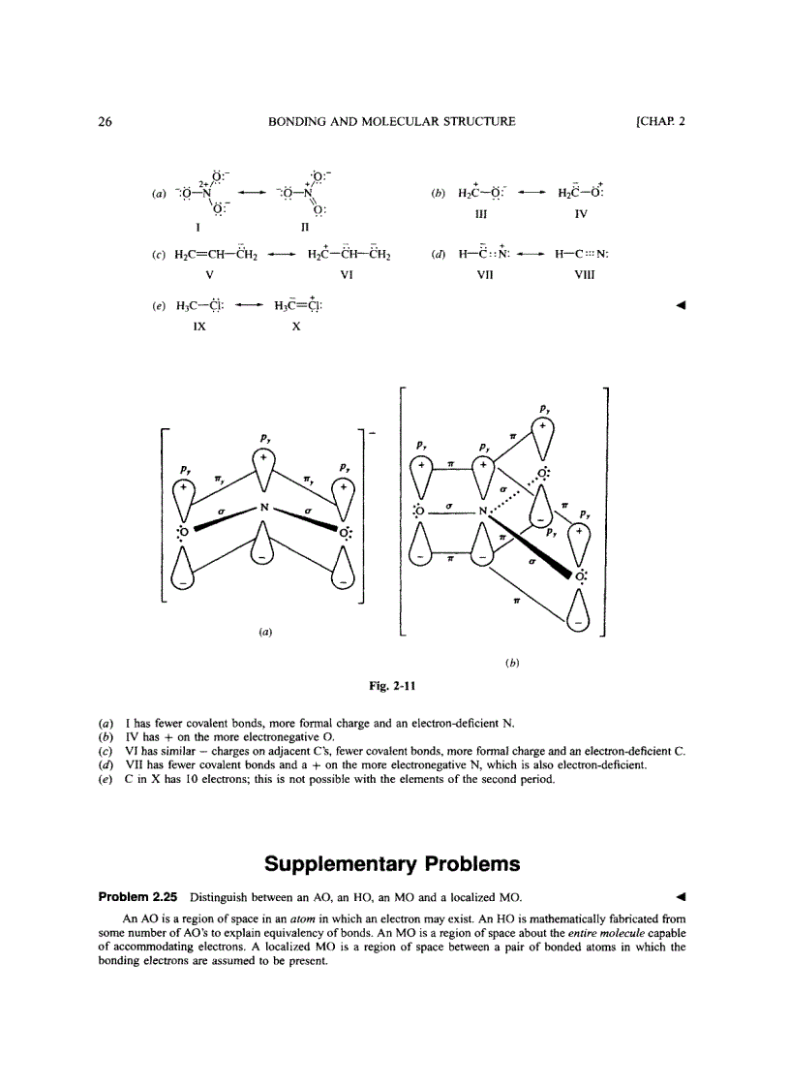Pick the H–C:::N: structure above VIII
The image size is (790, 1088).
(x=581, y=256)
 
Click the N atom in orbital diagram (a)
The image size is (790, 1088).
(x=261, y=506)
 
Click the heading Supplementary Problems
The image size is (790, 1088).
(x=392, y=863)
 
